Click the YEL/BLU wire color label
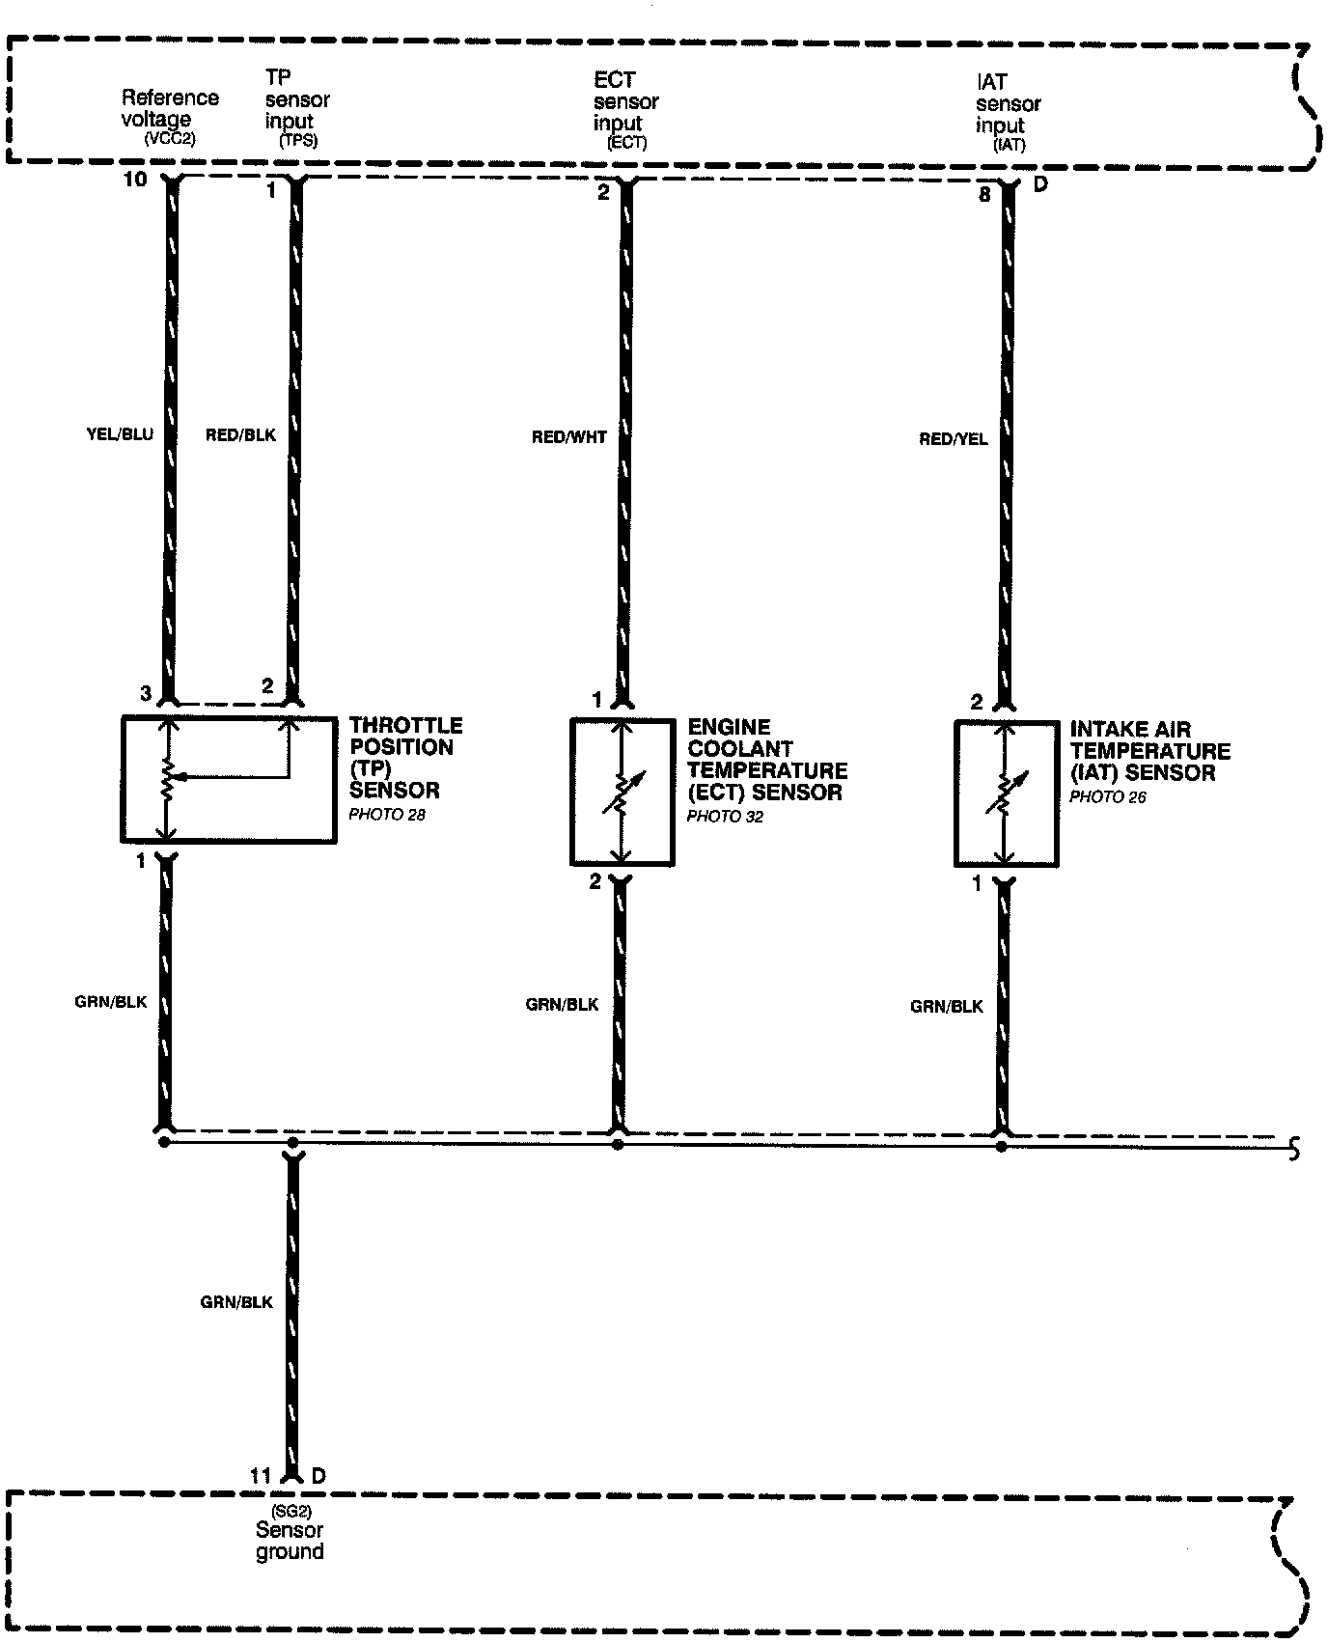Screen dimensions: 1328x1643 (x=120, y=434)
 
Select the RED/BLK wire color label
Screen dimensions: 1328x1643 (x=240, y=435)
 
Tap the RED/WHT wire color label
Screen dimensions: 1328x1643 (x=569, y=437)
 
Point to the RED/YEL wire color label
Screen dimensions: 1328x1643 (x=954, y=439)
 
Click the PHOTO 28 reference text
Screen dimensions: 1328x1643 (x=387, y=815)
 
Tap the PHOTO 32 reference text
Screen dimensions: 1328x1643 (x=725, y=817)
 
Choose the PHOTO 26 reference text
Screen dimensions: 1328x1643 (x=1108, y=797)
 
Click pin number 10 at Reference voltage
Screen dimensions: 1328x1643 (x=135, y=179)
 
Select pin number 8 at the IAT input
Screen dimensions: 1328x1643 (x=984, y=194)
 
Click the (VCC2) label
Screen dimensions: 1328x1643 (x=170, y=138)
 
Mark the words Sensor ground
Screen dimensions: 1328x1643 (x=290, y=1541)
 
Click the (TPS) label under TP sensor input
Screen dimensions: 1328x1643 (x=298, y=140)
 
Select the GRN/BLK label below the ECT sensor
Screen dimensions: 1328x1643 (x=562, y=1004)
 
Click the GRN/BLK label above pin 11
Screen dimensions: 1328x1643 (x=236, y=1302)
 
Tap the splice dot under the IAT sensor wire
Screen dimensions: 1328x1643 (x=1002, y=1146)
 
